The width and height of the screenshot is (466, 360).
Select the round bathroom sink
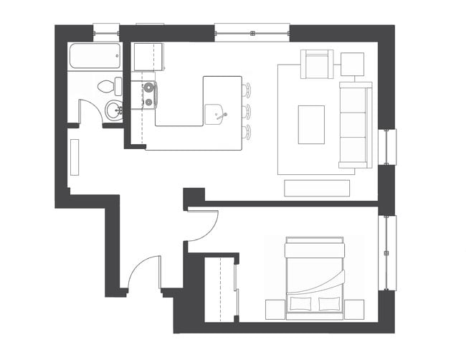[x=113, y=110]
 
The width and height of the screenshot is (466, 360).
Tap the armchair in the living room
[x=318, y=65]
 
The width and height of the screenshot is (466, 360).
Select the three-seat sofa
[x=356, y=124]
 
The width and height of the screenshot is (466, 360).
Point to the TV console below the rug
[x=316, y=188]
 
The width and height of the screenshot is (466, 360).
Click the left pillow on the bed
[x=301, y=303]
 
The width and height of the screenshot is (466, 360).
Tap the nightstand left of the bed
[x=275, y=309]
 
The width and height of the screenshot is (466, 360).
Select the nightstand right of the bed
[x=355, y=309]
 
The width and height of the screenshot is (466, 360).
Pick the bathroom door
[x=90, y=113]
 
